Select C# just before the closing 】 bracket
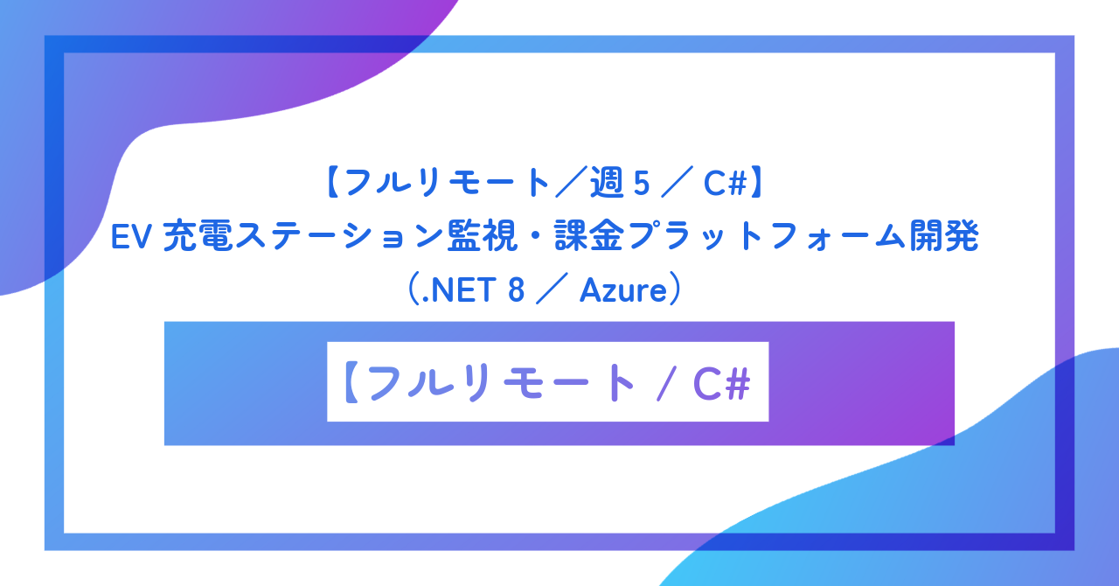coord(721,184)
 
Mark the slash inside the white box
coord(664,382)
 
